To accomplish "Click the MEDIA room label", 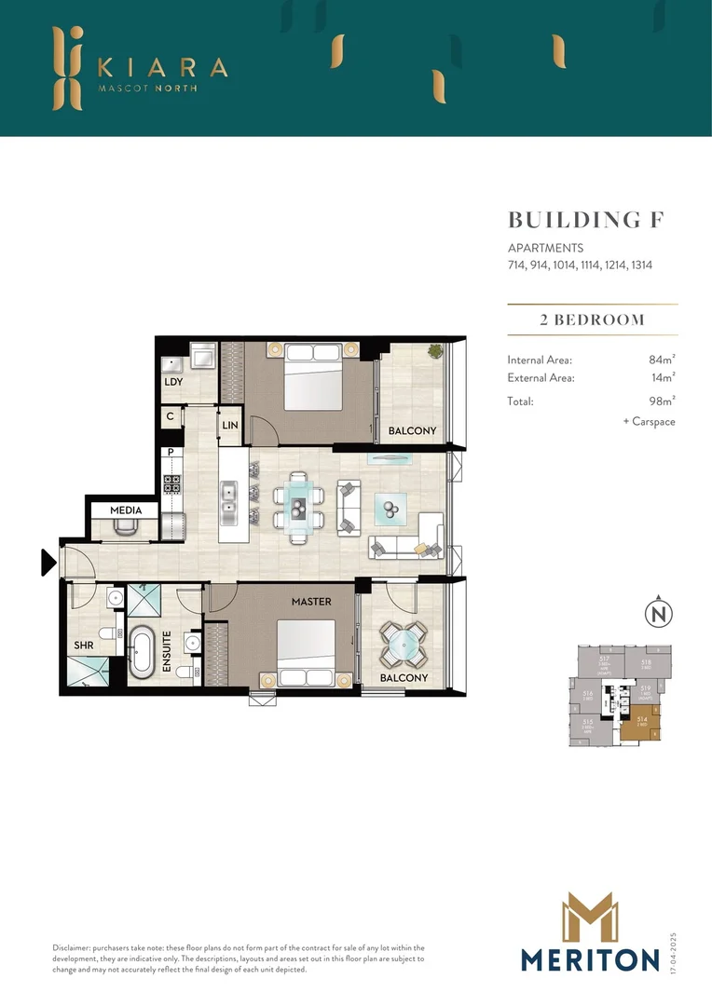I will (x=125, y=510).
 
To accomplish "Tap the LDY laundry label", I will (x=172, y=382).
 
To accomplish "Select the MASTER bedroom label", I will (x=310, y=602).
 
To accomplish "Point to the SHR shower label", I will (x=84, y=645).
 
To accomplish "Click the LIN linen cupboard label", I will (x=230, y=426).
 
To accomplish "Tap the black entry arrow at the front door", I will (x=48, y=563).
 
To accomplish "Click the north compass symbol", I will (x=658, y=615).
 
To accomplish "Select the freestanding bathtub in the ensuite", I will (x=143, y=650).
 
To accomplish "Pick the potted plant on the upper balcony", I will (x=434, y=351).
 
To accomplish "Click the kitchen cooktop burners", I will (x=172, y=483).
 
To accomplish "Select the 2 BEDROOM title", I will (x=592, y=319).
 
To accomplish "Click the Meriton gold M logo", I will (x=591, y=918).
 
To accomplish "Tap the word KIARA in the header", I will (x=162, y=67).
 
